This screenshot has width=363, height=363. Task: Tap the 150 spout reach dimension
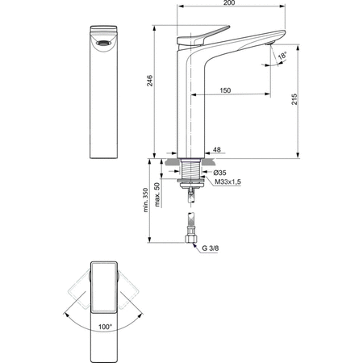(225, 91)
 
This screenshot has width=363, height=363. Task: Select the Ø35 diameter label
(220, 173)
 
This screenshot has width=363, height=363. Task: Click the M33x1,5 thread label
(227, 182)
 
